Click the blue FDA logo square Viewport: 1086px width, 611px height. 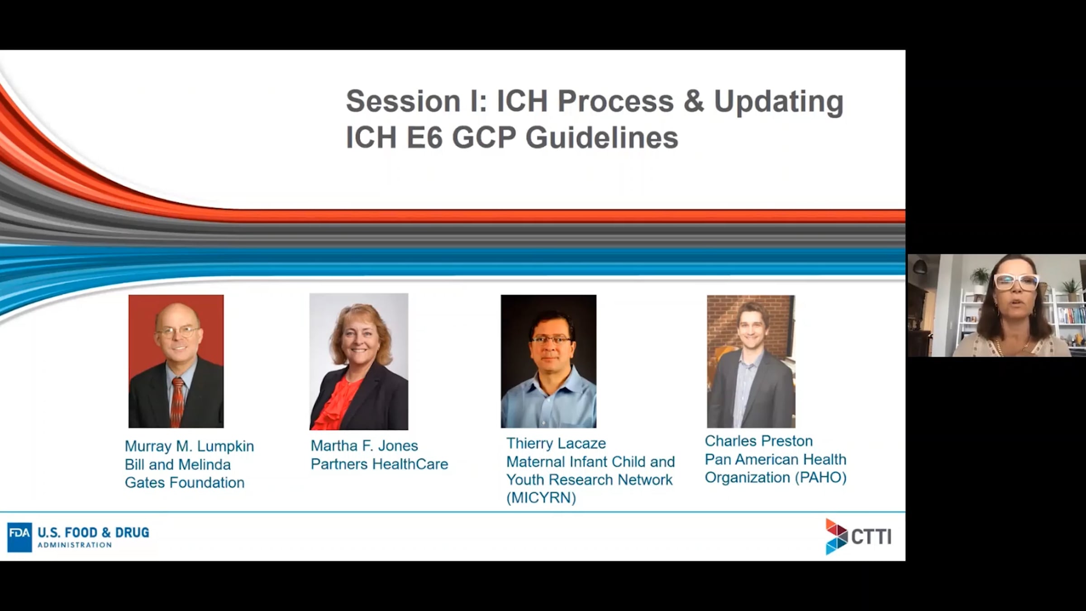19,537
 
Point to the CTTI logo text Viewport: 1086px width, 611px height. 872,537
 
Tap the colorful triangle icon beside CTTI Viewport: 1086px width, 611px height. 836,537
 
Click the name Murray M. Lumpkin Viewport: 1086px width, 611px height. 189,447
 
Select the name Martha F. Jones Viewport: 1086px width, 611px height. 364,446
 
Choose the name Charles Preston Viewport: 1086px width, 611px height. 759,441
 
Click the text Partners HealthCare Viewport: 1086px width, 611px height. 379,464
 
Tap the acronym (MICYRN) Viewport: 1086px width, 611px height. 541,498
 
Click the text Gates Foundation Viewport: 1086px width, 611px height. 185,482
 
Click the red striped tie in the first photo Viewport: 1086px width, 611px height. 177,401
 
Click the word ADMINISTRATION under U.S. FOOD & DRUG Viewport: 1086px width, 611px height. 75,545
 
